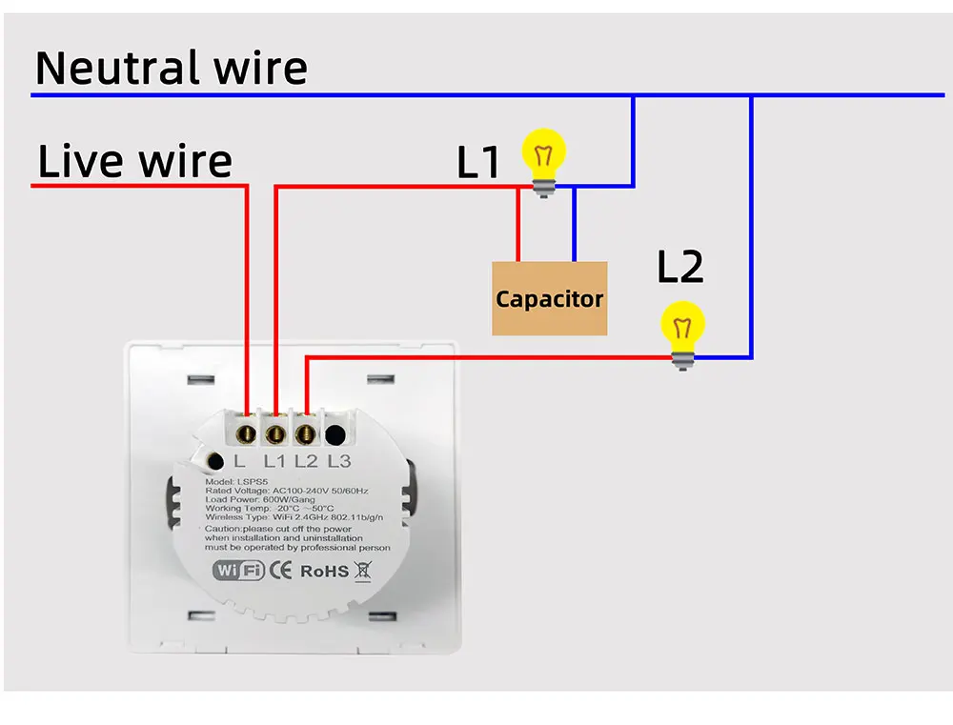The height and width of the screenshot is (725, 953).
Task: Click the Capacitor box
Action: pos(550,298)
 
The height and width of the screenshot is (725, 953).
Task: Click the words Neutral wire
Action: pos(172,68)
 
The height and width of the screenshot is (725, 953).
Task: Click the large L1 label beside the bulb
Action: pos(478,161)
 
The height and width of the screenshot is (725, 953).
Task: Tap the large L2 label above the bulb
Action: pos(680,268)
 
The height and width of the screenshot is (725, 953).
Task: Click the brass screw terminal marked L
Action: pos(245,433)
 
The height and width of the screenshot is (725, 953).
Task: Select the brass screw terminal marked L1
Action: pos(275,433)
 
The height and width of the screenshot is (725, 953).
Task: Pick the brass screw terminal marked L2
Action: pos(306,433)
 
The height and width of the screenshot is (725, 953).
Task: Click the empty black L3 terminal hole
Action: pos(335,434)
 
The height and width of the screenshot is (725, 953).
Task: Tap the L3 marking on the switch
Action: pos(339,462)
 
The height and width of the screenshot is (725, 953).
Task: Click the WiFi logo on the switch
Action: pos(237,572)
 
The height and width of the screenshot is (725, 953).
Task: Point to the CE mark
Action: pos(282,572)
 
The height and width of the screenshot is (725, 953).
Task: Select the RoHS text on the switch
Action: pos(324,572)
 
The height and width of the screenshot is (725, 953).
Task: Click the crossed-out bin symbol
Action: pos(363,572)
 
